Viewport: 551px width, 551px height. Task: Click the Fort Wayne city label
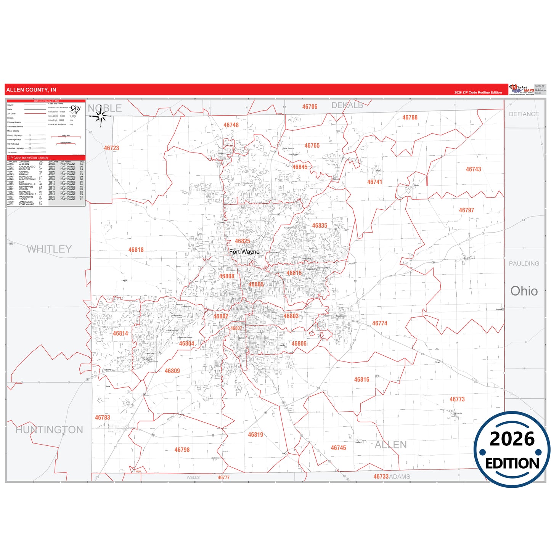click(x=244, y=252)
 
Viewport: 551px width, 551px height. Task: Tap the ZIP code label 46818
click(x=136, y=250)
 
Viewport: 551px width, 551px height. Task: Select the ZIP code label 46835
click(x=320, y=226)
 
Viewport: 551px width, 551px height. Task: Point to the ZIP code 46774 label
click(x=379, y=323)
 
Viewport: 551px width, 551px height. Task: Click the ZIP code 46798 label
click(x=182, y=450)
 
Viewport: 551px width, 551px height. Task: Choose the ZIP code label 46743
click(x=473, y=169)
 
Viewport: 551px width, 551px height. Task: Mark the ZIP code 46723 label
click(x=111, y=148)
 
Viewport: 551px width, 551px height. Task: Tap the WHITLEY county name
click(x=49, y=249)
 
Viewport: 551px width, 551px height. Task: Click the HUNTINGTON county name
click(x=49, y=430)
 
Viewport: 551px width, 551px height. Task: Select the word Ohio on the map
click(x=524, y=291)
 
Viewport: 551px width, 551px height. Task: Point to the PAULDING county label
click(x=524, y=263)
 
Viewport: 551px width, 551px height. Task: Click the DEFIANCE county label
click(x=524, y=114)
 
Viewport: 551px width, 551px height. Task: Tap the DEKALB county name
click(x=347, y=105)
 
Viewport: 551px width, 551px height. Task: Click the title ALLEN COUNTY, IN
click(x=31, y=90)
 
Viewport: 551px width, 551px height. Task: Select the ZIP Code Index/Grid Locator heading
click(x=28, y=158)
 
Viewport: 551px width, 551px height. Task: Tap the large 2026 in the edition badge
click(x=512, y=439)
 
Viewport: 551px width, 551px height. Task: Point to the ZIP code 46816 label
click(x=361, y=380)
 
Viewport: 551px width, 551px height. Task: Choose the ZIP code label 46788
click(x=410, y=117)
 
